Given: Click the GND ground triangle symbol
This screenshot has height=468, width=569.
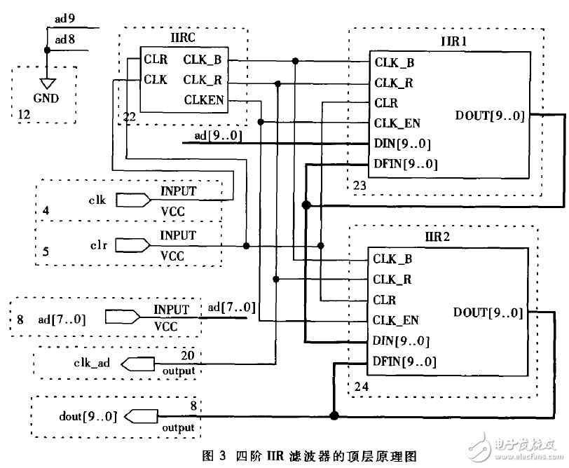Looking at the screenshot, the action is point(48,84).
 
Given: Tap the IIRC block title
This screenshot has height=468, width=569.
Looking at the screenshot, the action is point(183,37).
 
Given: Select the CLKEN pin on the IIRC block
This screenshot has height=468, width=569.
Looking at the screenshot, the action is point(204,99).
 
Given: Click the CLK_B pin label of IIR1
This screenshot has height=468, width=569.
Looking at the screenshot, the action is point(395,63).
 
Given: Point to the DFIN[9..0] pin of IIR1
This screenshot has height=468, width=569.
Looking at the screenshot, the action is point(406,164).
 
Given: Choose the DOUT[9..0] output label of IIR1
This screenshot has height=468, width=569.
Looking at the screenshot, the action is point(490,116).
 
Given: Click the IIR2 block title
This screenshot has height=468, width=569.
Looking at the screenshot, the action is point(437,237).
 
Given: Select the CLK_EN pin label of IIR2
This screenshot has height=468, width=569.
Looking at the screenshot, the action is point(396,320).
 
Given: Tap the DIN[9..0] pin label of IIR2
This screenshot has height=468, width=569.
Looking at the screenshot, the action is point(401,341).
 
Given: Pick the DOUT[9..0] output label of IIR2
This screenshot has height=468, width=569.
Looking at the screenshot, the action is point(488,312).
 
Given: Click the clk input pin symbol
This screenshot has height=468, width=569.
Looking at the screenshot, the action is point(133,200).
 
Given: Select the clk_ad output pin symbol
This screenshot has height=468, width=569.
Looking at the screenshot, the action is point(137,364).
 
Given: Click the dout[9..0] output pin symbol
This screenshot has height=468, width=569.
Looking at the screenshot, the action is point(141,416).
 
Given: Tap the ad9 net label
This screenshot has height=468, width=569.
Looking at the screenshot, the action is point(65,18).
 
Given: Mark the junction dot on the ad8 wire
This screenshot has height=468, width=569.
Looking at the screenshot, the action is point(47,50).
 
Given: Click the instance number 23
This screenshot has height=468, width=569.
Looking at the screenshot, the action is point(359,186).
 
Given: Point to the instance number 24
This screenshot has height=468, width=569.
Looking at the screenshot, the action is point(361,387).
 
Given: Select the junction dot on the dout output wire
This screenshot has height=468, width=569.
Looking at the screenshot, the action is point(334,415).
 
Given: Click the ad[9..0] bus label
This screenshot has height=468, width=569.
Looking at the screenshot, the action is point(218,136).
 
